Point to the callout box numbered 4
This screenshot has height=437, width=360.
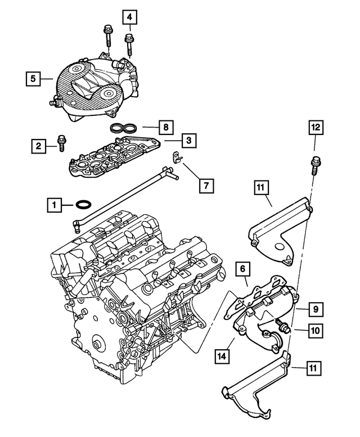coord(130,17)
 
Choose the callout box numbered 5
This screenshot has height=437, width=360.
coord(34,79)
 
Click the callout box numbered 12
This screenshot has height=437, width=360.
coord(316,128)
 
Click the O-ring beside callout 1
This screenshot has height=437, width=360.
coord(83,204)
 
